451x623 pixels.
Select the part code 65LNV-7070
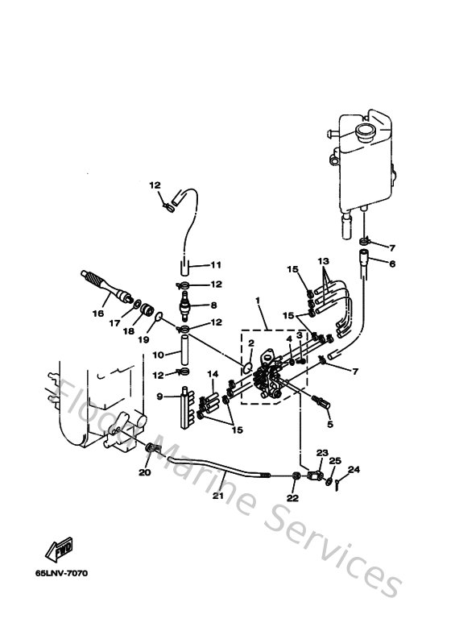click(x=61, y=574)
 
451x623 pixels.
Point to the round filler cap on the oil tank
click(x=366, y=129)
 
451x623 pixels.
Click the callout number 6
click(x=392, y=264)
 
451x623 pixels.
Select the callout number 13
click(x=324, y=262)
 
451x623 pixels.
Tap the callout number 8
click(x=213, y=305)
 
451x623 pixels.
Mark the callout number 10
click(x=159, y=354)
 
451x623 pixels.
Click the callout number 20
click(x=145, y=473)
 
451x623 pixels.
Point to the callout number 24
click(x=354, y=469)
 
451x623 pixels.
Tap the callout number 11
click(x=216, y=265)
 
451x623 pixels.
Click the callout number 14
click(x=213, y=375)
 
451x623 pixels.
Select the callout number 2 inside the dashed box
click(x=251, y=343)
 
